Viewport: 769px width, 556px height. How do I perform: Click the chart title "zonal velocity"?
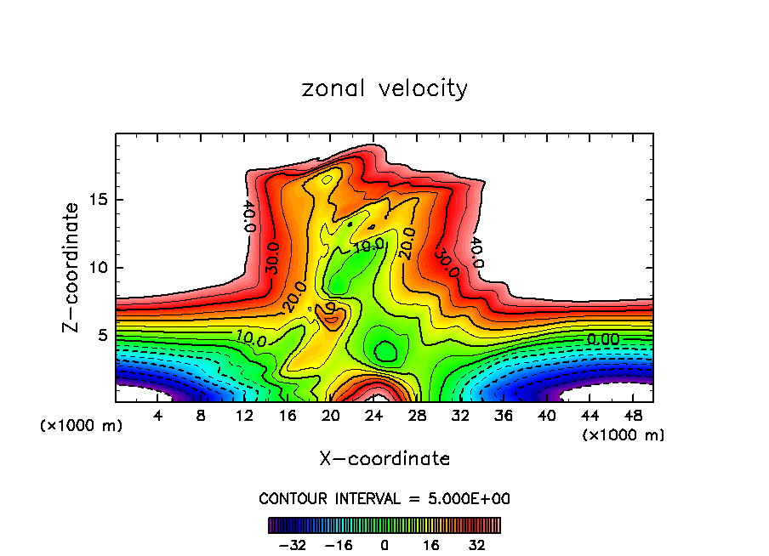click(x=384, y=88)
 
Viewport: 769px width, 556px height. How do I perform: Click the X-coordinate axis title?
click(x=384, y=459)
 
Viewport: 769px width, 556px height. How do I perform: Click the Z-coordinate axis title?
click(x=72, y=268)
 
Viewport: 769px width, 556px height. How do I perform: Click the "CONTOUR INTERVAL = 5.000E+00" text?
click(x=384, y=498)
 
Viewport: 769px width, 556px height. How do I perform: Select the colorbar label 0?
click(x=384, y=545)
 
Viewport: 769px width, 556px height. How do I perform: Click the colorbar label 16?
click(x=431, y=545)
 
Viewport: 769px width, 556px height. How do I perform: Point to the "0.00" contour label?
click(x=603, y=339)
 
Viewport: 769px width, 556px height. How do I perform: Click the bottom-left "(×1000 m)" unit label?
click(x=82, y=426)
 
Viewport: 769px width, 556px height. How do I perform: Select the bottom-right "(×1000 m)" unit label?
click(x=624, y=435)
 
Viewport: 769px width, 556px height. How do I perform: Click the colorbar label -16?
click(x=338, y=545)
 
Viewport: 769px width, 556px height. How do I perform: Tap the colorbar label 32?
click(x=477, y=545)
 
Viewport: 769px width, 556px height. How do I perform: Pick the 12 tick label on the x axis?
click(x=245, y=417)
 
